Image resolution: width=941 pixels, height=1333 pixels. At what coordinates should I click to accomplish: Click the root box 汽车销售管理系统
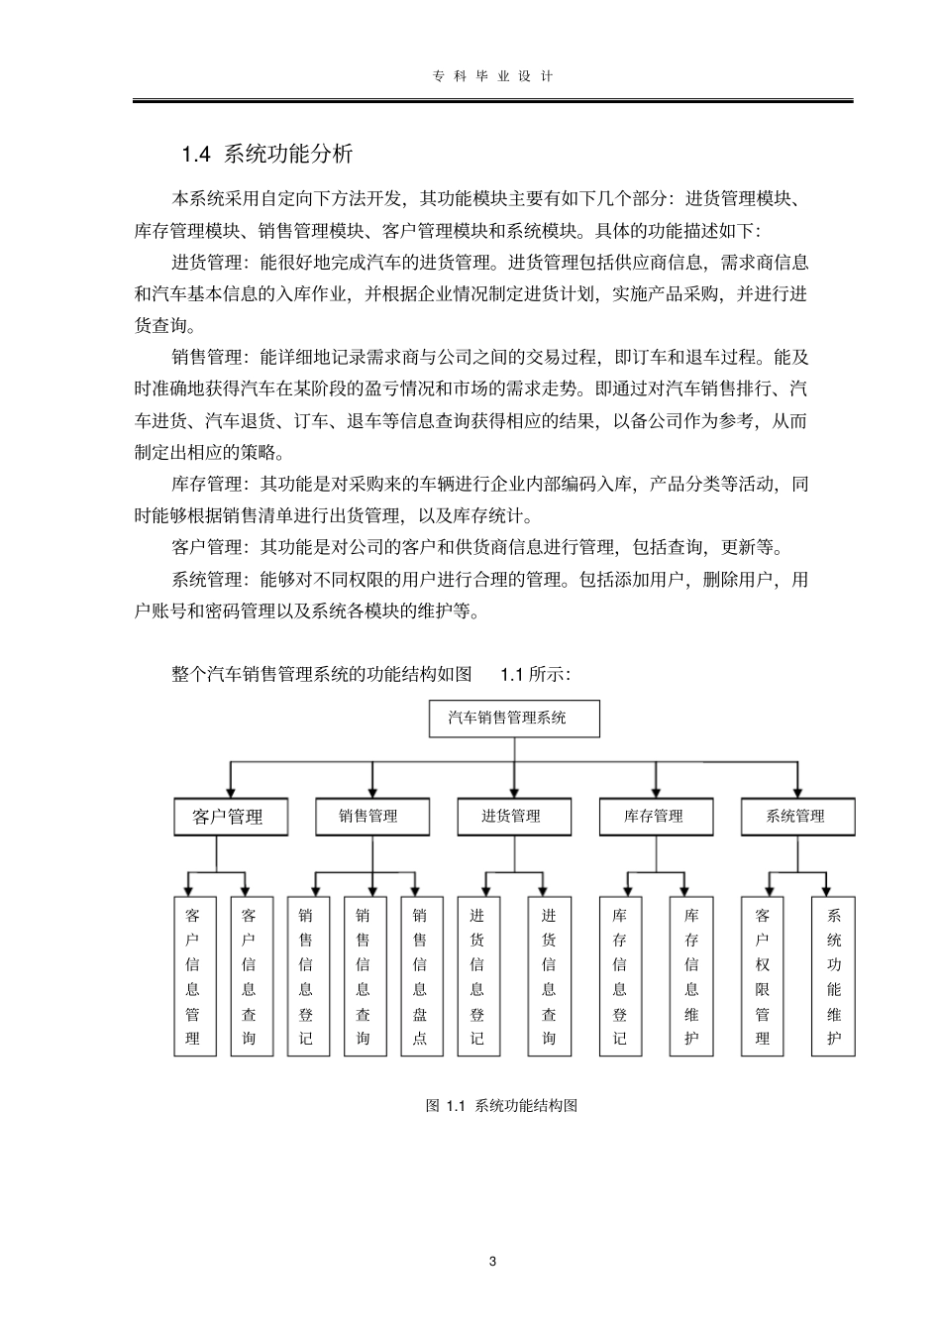pos(513,719)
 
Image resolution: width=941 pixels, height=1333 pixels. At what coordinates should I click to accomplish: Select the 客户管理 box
pos(231,817)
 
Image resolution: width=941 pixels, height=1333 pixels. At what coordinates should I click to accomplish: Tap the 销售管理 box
pos(371,817)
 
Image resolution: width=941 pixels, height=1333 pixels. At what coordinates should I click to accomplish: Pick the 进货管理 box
pos(513,817)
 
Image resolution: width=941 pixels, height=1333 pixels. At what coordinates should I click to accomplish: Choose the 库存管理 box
pos(655,817)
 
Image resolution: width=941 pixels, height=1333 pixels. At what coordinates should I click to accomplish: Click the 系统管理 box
pos(796,817)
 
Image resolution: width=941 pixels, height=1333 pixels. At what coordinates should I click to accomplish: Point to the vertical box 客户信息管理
pos(194,976)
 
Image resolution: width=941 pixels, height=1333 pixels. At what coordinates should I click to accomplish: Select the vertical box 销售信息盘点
pos(421,976)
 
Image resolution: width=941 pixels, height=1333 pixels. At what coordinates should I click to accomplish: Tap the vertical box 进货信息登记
pos(478,976)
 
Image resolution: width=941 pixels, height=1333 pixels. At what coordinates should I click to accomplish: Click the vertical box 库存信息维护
pos(691,976)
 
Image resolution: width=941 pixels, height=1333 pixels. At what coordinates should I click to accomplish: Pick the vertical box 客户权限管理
pos(763,976)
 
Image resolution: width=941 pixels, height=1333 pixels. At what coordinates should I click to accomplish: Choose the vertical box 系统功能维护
pos(834,976)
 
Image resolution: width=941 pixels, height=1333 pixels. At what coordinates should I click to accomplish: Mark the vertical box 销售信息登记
pos(307,976)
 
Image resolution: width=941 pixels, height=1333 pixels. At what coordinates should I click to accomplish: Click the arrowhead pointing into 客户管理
pos(231,790)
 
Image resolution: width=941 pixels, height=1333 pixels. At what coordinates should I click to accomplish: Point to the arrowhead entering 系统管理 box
pos(796,790)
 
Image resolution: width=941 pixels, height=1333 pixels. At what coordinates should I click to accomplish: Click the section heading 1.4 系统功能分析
pos(267,155)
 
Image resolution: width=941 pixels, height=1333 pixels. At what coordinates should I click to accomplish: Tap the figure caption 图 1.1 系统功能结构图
pos(501,1105)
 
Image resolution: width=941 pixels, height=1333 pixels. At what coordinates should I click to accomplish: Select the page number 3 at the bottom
pos(493,1262)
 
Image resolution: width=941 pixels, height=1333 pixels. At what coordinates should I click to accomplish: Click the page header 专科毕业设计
pos(493,76)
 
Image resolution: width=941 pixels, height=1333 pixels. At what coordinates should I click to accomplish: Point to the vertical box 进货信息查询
pos(550,976)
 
